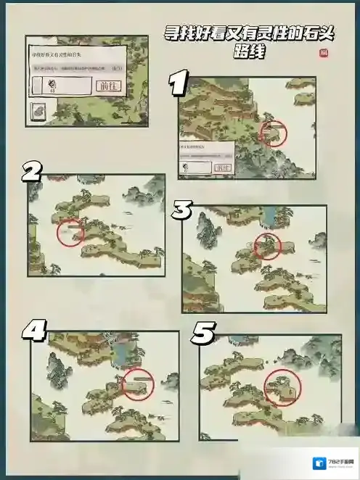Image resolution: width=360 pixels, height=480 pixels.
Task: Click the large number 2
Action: [x=31, y=171]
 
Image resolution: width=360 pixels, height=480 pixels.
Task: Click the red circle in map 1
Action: [x=273, y=133]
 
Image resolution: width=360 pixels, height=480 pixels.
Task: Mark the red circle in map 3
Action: [x=267, y=246]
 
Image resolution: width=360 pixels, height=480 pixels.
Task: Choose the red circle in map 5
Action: [x=283, y=387]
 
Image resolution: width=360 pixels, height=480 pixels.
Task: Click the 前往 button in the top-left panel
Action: [x=106, y=85]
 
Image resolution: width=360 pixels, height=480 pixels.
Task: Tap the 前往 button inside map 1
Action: [x=222, y=167]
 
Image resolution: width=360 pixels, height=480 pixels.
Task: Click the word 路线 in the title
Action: [x=247, y=54]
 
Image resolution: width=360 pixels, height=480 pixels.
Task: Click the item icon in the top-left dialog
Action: [x=53, y=85]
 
